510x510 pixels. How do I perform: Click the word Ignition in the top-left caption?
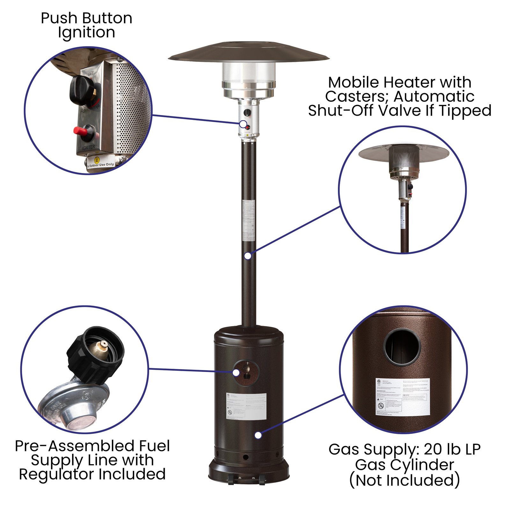click(86, 33)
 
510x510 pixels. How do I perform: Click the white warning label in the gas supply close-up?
click(403, 397)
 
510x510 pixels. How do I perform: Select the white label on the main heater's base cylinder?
click(246, 406)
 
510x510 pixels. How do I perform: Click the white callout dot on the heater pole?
click(248, 256)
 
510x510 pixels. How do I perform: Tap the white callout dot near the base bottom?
click(258, 435)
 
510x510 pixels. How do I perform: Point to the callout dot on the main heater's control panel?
click(243, 124)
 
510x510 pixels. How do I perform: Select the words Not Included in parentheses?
click(404, 480)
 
